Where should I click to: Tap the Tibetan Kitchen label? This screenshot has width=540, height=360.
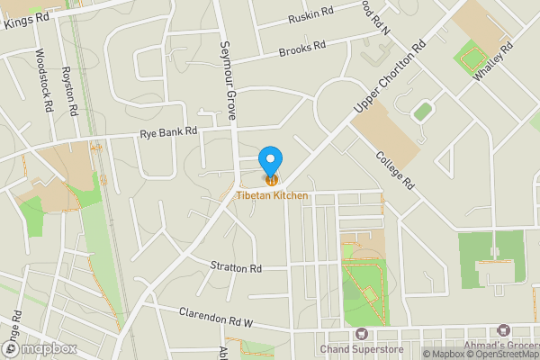[x=273, y=195]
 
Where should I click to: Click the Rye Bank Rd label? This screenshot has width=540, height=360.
[x=168, y=133]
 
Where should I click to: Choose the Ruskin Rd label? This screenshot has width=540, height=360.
[x=311, y=16]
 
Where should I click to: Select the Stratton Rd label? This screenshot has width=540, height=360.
[x=236, y=268]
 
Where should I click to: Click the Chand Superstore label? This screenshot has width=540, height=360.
[x=360, y=348]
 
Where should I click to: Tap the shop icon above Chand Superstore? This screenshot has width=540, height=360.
[x=362, y=334]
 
